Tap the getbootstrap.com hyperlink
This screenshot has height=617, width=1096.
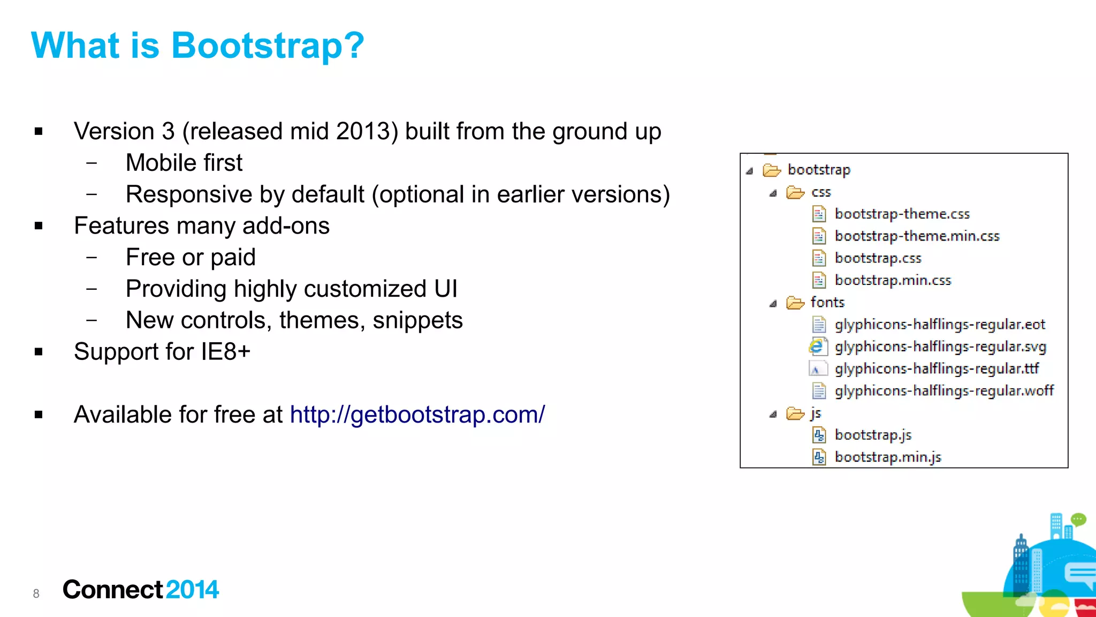[x=417, y=415]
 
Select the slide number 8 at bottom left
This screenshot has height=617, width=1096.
[x=36, y=593]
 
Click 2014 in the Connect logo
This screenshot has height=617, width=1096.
[x=192, y=590]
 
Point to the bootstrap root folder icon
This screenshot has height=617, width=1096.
[x=771, y=170]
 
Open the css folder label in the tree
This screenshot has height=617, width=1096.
[x=821, y=192]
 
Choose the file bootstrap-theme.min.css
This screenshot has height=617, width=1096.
[x=917, y=236]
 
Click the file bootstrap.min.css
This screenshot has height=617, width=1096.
[x=893, y=280]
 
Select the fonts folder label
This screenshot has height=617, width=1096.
[x=827, y=303]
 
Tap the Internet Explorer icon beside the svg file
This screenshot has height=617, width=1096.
[x=817, y=347]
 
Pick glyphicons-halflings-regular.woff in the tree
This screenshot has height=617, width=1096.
[x=944, y=391]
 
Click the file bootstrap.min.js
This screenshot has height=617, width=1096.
[x=888, y=457]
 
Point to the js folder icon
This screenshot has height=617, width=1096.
[x=795, y=413]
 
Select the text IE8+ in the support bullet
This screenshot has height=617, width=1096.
[x=226, y=352]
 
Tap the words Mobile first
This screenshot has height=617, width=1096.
[x=184, y=163]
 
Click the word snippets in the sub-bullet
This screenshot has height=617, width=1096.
[x=417, y=320]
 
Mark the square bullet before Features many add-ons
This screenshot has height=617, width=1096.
[x=39, y=226]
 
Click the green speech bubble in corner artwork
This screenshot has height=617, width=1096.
[x=1078, y=519]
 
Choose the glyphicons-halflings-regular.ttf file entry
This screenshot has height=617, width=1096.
[x=937, y=369]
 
